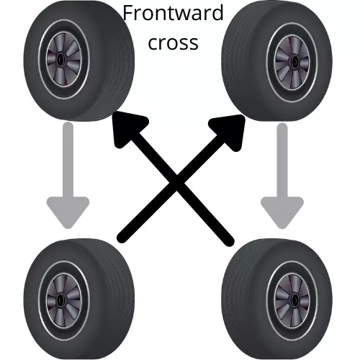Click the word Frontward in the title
point(173,13)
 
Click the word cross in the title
point(173,42)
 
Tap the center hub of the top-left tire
point(60,59)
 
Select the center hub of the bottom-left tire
point(60,300)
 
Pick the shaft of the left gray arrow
point(68,160)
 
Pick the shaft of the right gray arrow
point(282,160)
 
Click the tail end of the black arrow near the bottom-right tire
point(229,241)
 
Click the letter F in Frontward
point(128,13)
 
